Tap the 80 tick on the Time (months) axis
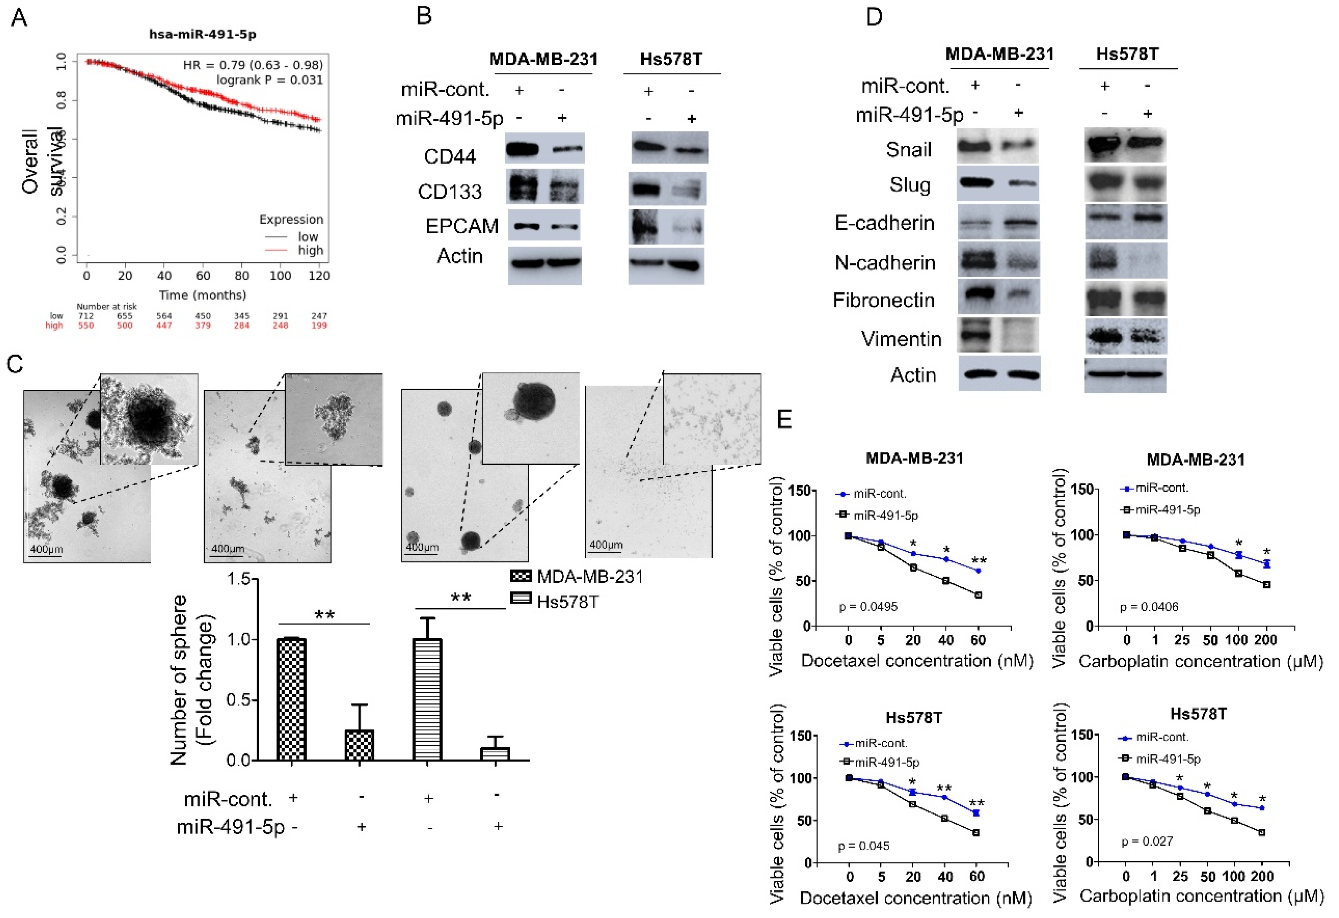(241, 276)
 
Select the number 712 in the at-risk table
(86, 316)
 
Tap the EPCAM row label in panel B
(462, 226)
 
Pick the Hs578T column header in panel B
(671, 59)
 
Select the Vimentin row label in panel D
(901, 339)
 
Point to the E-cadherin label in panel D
(884, 223)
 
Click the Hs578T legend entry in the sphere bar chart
(567, 602)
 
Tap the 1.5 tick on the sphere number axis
(239, 579)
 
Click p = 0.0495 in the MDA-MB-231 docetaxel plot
(868, 606)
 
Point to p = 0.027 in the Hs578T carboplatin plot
(1146, 841)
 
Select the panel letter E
(784, 419)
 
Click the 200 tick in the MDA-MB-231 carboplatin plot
(1266, 640)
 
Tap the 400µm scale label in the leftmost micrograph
(46, 549)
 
